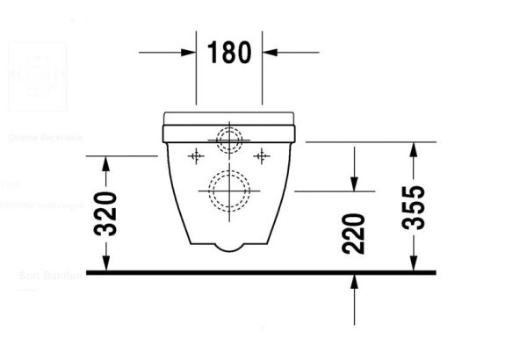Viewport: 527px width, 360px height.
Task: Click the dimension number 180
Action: tap(229, 52)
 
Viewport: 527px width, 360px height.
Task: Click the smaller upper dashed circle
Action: tap(229, 139)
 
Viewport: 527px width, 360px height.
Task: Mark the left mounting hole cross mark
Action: tap(196, 156)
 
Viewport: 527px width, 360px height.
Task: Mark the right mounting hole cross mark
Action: tap(261, 156)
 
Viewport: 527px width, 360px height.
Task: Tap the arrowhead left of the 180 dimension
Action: tap(189, 52)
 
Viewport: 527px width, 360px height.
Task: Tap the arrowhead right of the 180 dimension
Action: tap(270, 52)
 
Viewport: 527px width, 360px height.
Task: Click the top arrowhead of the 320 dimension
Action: tap(106, 162)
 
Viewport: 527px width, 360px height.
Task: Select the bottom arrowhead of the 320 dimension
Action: tap(106, 264)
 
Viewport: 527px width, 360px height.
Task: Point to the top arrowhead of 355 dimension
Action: tap(413, 147)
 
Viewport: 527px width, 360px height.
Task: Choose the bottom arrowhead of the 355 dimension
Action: tap(413, 264)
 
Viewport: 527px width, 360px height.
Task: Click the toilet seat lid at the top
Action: tap(228, 117)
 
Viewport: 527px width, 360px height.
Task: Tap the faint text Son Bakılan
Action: tap(50, 276)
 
